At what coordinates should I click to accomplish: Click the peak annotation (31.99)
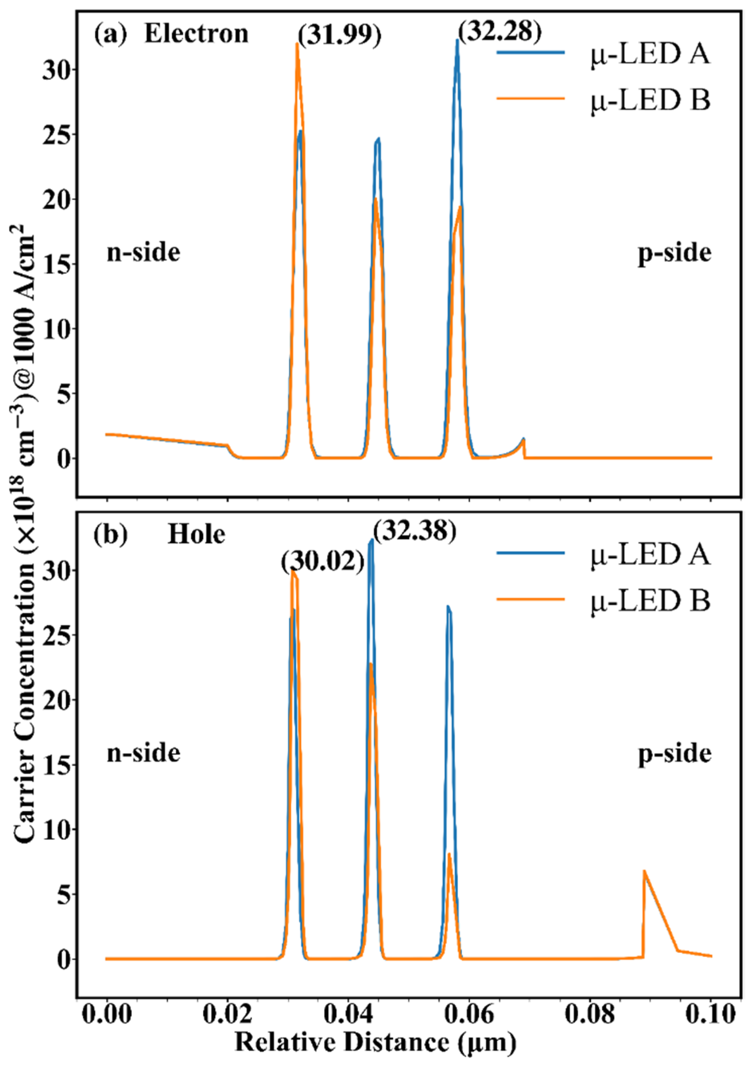(x=339, y=35)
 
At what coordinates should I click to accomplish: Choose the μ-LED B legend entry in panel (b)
(x=650, y=600)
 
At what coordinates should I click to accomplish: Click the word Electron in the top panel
(x=196, y=34)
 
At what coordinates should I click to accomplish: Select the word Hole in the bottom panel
(x=196, y=534)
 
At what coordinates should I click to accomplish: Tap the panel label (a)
(x=110, y=34)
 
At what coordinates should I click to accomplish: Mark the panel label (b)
(x=110, y=534)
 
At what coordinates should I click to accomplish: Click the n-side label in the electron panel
(x=143, y=253)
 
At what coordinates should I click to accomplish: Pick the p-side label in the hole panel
(x=674, y=753)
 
